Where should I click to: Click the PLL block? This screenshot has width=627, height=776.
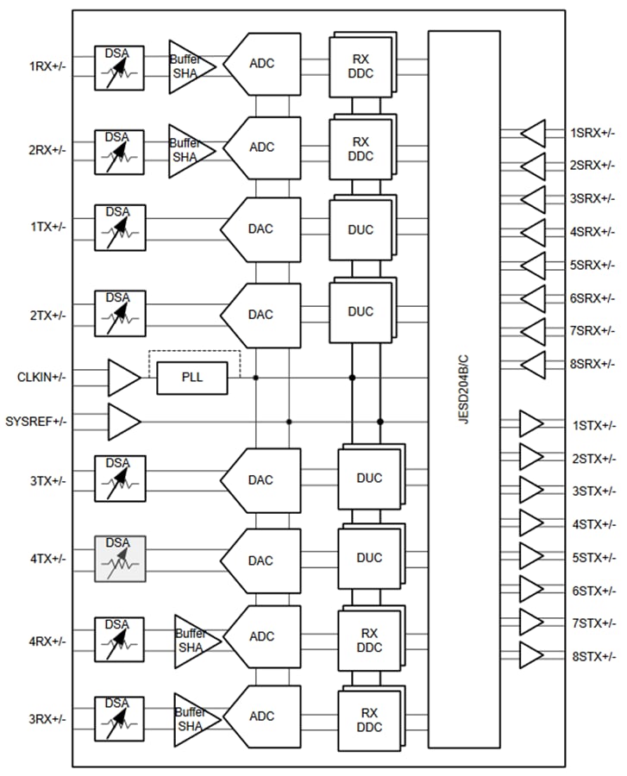[191, 378]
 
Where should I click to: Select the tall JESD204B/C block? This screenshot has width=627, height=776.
[464, 389]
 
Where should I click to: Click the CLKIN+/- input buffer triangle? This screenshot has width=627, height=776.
[122, 378]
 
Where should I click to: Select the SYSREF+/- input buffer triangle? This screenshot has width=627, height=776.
[122, 422]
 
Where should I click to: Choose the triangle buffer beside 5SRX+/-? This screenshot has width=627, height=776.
[534, 265]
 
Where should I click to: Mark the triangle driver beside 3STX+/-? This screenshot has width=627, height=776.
[531, 491]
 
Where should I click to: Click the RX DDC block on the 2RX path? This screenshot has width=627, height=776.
[361, 148]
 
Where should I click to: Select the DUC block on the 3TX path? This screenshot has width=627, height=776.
[369, 478]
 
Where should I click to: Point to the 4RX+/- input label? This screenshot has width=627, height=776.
[47, 641]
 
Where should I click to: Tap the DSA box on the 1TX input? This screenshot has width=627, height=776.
[120, 226]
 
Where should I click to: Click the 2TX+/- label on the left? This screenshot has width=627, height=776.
[47, 316]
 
